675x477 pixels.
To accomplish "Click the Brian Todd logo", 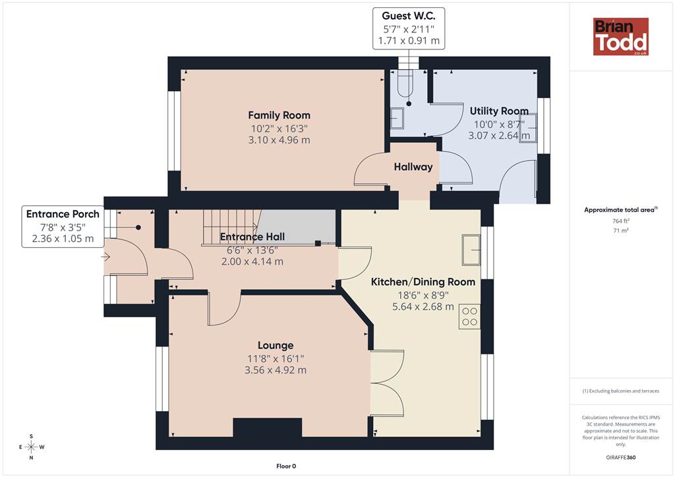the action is (621, 36).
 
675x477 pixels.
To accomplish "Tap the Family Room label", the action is (279, 115).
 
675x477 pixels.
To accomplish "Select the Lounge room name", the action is (276, 345).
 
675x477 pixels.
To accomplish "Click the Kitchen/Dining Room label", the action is (423, 282).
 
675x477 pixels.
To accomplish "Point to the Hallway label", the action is (413, 167).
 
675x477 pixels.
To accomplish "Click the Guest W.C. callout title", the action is (409, 16).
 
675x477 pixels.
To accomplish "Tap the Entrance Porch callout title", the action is (63, 214).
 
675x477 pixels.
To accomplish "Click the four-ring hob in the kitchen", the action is (469, 316).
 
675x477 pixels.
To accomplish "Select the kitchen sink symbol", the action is (471, 250).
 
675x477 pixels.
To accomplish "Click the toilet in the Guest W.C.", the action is (405, 83).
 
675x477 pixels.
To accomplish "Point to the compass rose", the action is (32, 447).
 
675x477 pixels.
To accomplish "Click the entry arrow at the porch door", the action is (105, 257).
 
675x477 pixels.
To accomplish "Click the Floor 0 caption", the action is (286, 466).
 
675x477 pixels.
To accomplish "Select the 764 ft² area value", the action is (621, 221).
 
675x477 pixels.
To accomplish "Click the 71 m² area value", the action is (621, 231).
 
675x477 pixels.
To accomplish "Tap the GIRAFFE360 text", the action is (621, 457).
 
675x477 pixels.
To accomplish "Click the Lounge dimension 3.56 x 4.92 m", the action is (276, 370).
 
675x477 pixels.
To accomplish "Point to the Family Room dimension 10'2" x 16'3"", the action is (279, 128).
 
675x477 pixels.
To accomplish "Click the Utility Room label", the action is (500, 111).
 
